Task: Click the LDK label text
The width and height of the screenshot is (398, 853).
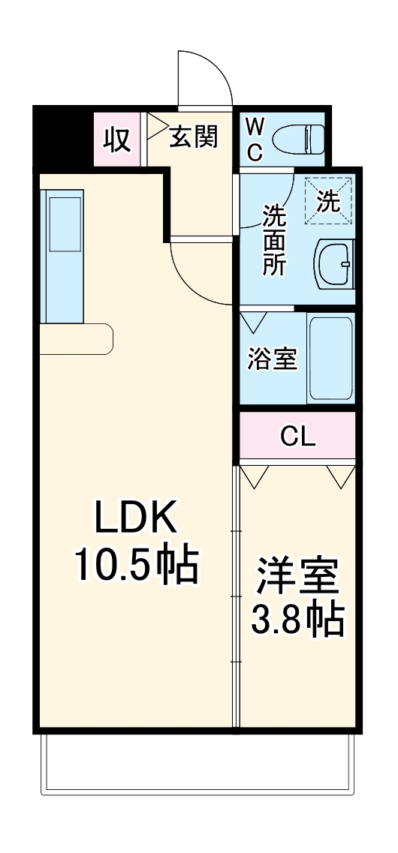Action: click(135, 518)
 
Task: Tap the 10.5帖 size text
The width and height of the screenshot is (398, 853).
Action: click(135, 564)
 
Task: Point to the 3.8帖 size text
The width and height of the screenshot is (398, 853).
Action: click(297, 619)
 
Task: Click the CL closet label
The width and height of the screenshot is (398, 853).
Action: click(298, 436)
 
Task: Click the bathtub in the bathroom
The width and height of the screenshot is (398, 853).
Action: click(330, 359)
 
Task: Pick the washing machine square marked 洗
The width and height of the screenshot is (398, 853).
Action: click(328, 200)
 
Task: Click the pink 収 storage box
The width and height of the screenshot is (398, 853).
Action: click(116, 140)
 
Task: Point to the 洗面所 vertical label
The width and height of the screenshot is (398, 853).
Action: click(273, 240)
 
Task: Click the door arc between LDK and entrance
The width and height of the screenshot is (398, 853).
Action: click(199, 274)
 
